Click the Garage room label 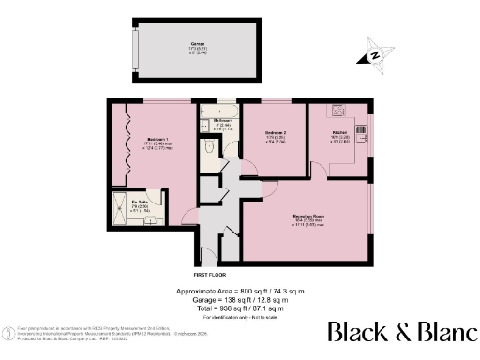point(198,45)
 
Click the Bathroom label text point(223,122)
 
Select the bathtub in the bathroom point(218,110)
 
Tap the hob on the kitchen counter point(334,112)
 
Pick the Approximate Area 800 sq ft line point(239,291)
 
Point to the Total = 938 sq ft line point(239,307)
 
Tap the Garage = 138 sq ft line point(239,299)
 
